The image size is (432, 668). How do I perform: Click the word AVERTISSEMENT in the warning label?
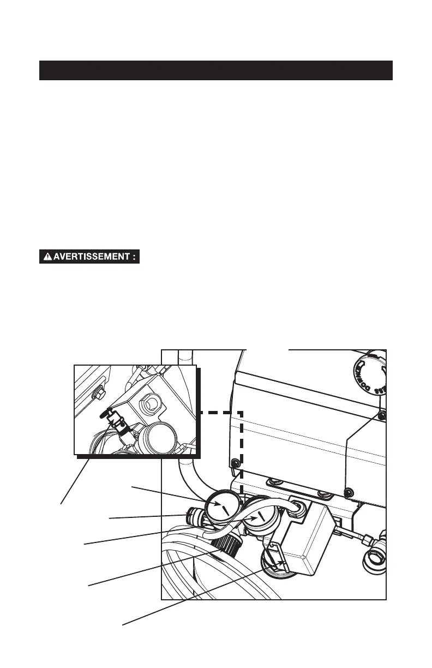pyautogui.click(x=93, y=257)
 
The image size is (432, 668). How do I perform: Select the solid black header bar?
pyautogui.click(x=216, y=70)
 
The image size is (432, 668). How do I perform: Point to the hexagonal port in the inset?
pyautogui.click(x=151, y=404)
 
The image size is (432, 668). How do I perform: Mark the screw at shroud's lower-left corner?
pyautogui.click(x=235, y=463)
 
